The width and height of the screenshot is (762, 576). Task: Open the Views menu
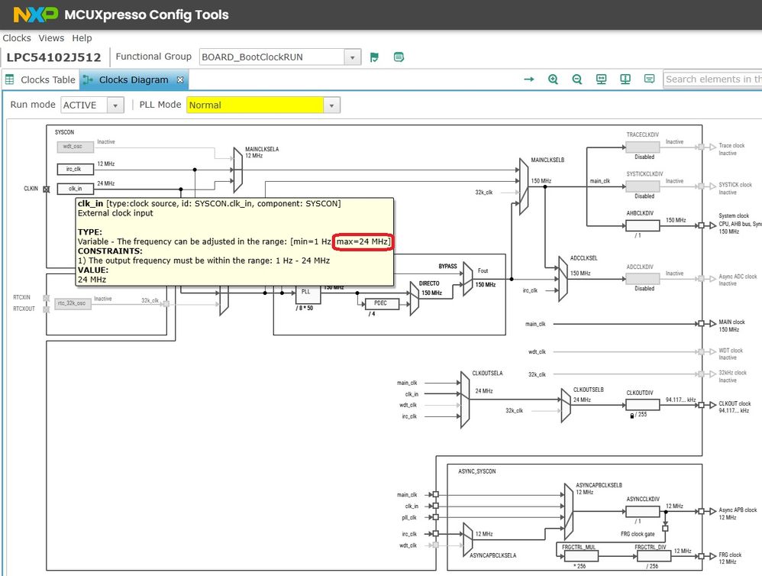(x=51, y=38)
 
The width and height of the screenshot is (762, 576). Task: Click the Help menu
(x=82, y=38)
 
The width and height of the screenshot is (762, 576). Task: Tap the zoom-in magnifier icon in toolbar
(x=553, y=79)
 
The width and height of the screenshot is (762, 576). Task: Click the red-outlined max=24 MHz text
(x=363, y=241)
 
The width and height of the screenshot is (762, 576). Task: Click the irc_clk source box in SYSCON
(x=75, y=169)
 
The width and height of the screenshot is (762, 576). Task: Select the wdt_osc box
(x=74, y=146)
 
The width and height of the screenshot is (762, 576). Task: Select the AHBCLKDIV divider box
(x=638, y=225)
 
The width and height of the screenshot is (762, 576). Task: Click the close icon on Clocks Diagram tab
(x=180, y=79)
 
